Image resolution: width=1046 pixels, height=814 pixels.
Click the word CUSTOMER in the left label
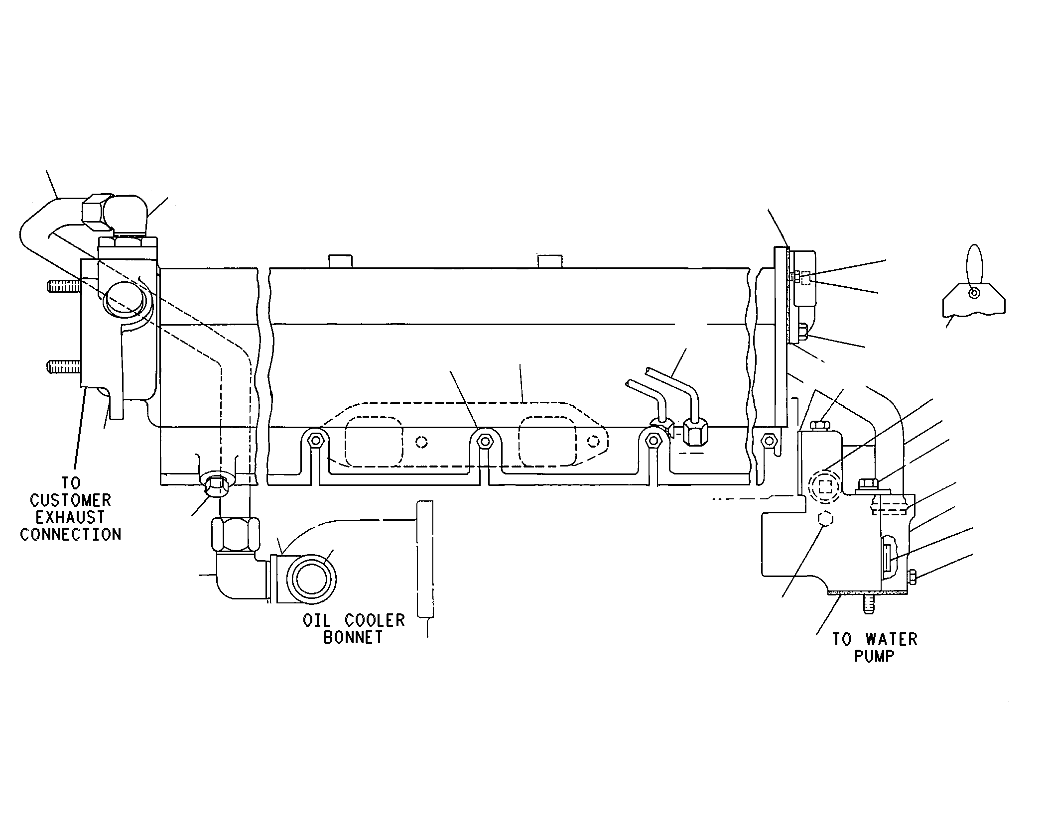(x=70, y=500)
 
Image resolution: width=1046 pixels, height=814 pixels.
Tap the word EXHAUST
(x=70, y=517)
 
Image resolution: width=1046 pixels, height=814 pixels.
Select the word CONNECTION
(x=70, y=535)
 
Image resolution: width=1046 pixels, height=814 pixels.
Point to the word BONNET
(x=353, y=637)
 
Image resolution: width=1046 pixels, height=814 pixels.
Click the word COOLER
(x=375, y=620)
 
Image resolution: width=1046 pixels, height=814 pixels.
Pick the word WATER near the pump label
(x=891, y=639)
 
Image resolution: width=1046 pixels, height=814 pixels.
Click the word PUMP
(x=874, y=656)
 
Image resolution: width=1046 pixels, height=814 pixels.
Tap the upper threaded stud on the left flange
(x=64, y=286)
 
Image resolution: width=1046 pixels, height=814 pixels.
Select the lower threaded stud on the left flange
(x=64, y=366)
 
